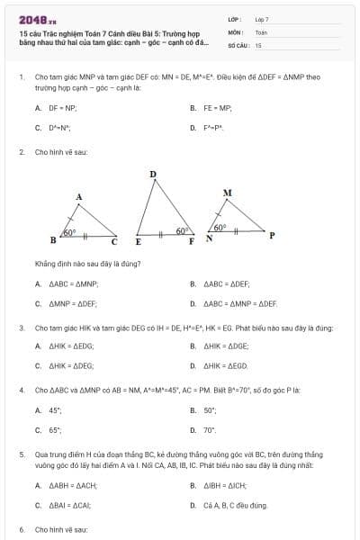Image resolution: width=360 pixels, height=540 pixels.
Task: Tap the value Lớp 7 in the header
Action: coord(262,19)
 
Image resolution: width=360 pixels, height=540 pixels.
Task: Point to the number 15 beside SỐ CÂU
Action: coord(258,44)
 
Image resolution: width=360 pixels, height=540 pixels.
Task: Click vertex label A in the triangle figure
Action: coord(79,196)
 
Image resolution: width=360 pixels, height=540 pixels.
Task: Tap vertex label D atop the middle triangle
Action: coord(153,174)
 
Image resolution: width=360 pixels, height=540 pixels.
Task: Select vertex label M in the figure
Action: coord(227,193)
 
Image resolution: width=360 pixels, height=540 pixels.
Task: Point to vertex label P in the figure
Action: coord(272,237)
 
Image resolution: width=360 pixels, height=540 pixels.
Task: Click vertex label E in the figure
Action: coord(138,242)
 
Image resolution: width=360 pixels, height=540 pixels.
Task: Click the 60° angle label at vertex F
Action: coord(183,230)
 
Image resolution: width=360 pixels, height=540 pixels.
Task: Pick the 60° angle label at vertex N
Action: coord(220,228)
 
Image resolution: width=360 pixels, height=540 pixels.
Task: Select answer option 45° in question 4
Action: coord(56,410)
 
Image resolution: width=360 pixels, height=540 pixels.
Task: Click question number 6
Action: coord(21,530)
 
